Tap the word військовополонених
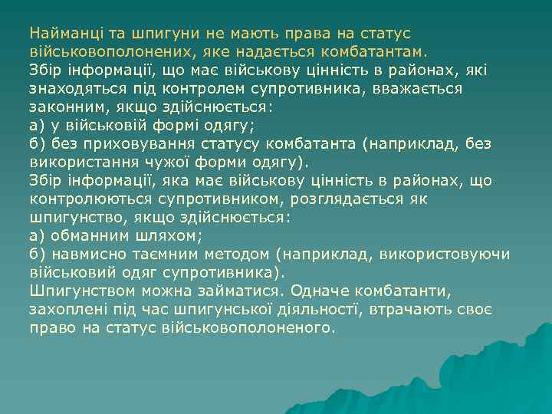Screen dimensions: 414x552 click(x=108, y=52)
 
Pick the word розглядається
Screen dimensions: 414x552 click(x=352, y=199)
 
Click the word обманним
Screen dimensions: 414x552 click(x=90, y=236)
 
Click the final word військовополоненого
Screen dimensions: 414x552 click(x=248, y=328)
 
